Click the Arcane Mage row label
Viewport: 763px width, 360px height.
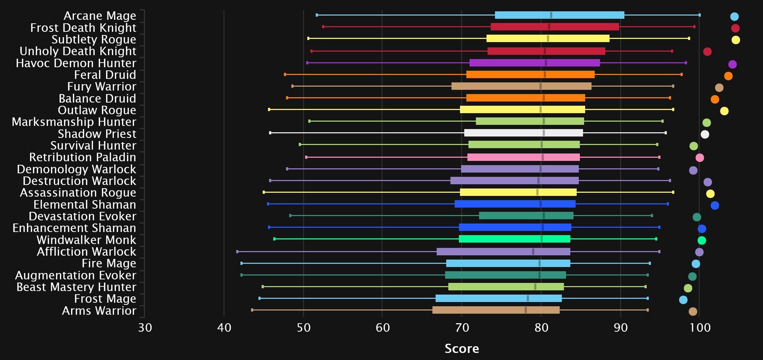(100, 16)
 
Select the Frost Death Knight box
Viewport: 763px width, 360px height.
(554, 27)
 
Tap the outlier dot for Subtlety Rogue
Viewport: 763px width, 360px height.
(735, 40)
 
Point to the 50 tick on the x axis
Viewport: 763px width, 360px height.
(303, 327)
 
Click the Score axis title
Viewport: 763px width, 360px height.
(461, 349)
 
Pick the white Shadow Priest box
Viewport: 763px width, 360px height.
(523, 133)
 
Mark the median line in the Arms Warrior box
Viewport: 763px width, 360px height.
(526, 310)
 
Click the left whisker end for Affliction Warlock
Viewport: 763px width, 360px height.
(237, 252)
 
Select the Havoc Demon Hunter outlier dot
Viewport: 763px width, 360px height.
(732, 64)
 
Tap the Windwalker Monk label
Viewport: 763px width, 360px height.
(86, 240)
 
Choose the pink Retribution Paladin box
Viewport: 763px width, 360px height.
(523, 157)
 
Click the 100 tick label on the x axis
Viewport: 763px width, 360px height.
(700, 327)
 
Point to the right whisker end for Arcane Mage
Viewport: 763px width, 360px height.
(699, 15)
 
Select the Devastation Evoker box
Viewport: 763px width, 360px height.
(526, 216)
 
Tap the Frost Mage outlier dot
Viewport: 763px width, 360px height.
(683, 300)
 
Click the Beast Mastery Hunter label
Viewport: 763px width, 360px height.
(76, 287)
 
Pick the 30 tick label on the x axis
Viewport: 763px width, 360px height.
(145, 327)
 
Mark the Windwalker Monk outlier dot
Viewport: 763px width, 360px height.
(701, 240)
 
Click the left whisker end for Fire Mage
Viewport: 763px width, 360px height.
(241, 263)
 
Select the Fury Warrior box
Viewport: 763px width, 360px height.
(521, 86)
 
